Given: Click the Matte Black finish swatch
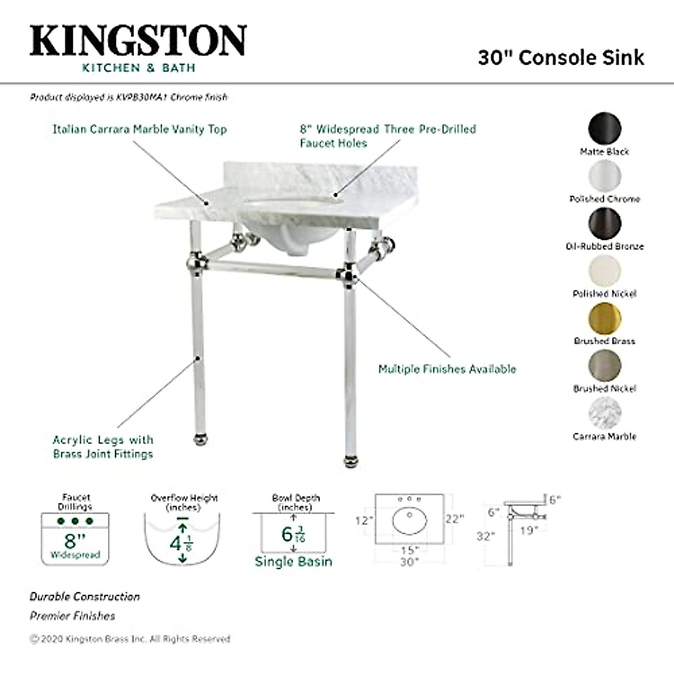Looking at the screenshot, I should (x=605, y=129).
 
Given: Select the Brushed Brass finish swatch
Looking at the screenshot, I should (x=605, y=318).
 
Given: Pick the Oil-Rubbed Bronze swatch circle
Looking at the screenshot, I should (x=605, y=224).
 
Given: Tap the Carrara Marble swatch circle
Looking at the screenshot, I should (x=605, y=414).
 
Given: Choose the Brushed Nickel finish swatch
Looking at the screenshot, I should (x=605, y=366).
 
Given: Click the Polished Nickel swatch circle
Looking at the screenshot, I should (x=605, y=271).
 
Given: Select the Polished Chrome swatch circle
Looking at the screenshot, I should (x=605, y=176).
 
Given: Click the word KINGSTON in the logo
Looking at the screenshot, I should (x=138, y=40).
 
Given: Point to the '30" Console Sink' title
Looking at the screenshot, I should (x=561, y=57).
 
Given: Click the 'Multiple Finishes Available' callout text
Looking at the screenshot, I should (x=447, y=369).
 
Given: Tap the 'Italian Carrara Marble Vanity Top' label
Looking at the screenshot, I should (x=140, y=129).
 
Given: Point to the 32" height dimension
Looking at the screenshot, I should (x=485, y=536).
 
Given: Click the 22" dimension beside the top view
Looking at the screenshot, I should (x=454, y=518).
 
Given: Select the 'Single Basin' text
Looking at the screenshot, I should (x=293, y=561).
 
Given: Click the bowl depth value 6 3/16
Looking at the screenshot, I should (x=293, y=534).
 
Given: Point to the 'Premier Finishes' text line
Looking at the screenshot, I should (x=72, y=616).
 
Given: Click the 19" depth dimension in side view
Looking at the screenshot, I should (x=529, y=530).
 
